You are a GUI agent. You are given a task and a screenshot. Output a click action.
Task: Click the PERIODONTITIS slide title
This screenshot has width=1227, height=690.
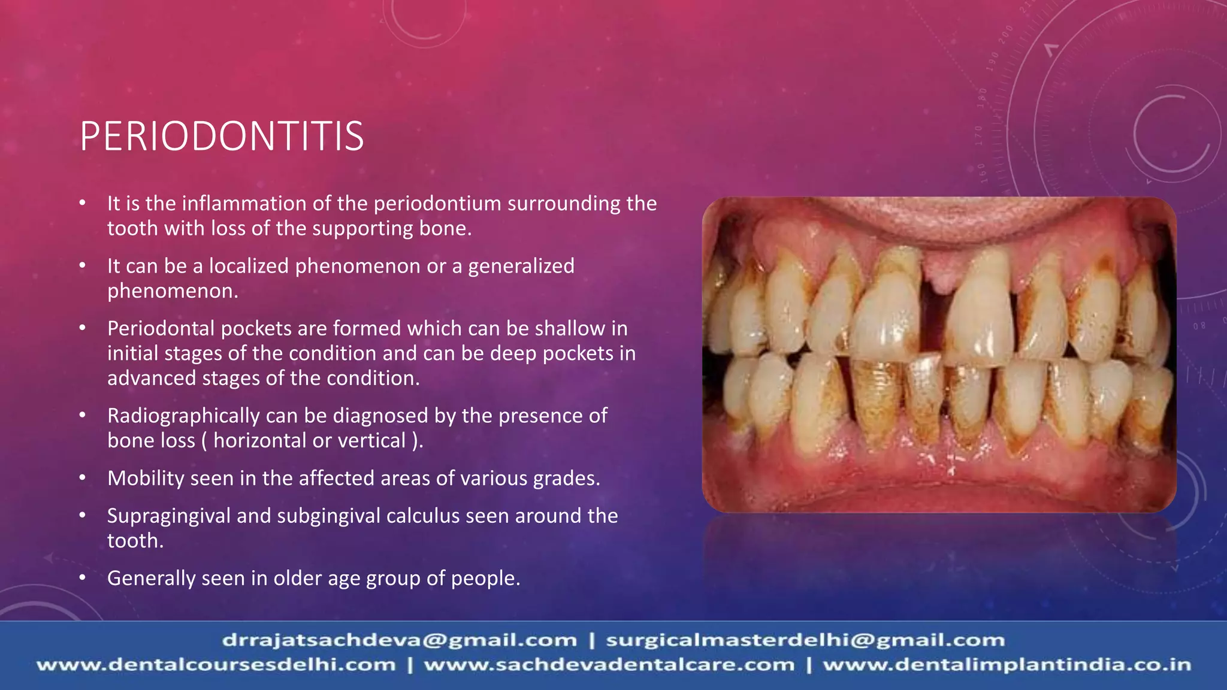click(222, 137)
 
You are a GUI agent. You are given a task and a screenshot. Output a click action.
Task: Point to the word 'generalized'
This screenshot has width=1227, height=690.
click(521, 266)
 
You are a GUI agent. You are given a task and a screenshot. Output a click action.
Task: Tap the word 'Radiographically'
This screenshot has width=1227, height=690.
click(183, 416)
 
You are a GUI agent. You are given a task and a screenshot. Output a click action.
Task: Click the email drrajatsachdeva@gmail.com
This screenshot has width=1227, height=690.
click(399, 640)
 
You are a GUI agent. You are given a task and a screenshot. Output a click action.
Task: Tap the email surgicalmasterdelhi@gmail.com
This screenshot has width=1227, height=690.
click(805, 640)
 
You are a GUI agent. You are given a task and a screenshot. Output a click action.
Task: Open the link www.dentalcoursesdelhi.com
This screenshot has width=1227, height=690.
click(216, 665)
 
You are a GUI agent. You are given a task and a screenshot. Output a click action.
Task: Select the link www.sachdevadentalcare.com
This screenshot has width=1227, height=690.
click(609, 665)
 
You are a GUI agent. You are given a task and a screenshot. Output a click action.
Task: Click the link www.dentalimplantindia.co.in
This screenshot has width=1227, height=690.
click(1007, 665)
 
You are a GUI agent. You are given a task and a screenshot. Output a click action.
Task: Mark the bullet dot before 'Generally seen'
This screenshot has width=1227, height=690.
click(83, 578)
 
